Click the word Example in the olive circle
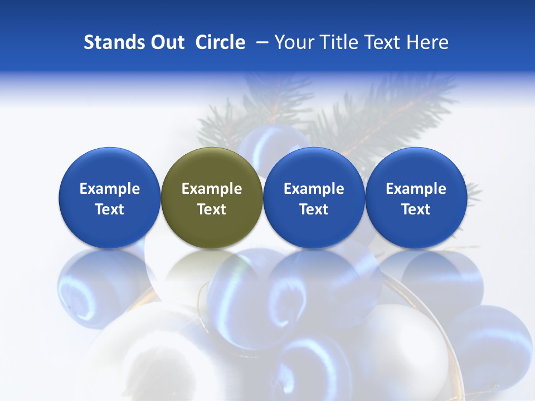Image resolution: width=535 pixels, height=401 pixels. click(x=212, y=189)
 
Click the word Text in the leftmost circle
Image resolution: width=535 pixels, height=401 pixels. click(x=109, y=209)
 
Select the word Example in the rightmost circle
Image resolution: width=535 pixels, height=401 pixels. click(x=416, y=189)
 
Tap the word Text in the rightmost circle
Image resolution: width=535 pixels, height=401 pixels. click(x=416, y=209)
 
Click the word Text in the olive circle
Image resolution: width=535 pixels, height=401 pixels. click(x=212, y=209)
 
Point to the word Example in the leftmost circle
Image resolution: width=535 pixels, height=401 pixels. click(x=109, y=189)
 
